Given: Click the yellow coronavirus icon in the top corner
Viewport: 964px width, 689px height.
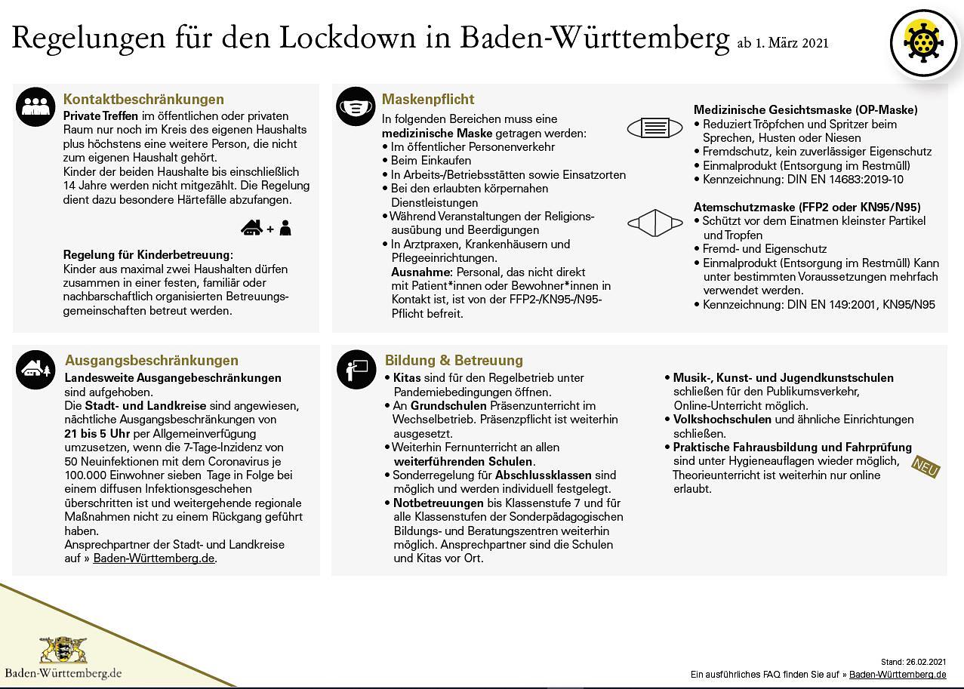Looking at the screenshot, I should pyautogui.click(x=923, y=42).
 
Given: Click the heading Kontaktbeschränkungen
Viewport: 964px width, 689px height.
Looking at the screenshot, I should pyautogui.click(x=143, y=100).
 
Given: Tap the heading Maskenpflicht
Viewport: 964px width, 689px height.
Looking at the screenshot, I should pyautogui.click(x=428, y=100).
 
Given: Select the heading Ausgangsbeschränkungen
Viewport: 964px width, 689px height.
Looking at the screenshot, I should pyautogui.click(x=152, y=361).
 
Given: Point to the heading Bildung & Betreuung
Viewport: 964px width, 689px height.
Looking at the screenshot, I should pyautogui.click(x=454, y=361).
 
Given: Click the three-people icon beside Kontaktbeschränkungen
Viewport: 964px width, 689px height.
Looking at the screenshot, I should pyautogui.click(x=35, y=106).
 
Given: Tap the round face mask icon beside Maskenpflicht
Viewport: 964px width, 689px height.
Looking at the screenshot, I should pyautogui.click(x=356, y=106).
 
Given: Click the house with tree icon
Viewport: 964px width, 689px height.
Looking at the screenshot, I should pyautogui.click(x=35, y=370).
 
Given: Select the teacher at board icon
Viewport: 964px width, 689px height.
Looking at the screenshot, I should pyautogui.click(x=356, y=369).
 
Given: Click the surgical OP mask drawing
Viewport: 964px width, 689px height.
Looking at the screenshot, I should pyautogui.click(x=654, y=128).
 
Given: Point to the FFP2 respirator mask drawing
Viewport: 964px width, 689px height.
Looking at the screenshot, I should pyautogui.click(x=654, y=223).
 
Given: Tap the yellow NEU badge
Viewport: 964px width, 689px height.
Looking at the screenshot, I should pyautogui.click(x=926, y=466).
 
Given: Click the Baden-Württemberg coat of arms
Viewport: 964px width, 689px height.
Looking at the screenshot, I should pyautogui.click(x=63, y=650).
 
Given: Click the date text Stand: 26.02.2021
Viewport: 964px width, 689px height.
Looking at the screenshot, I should pyautogui.click(x=913, y=662).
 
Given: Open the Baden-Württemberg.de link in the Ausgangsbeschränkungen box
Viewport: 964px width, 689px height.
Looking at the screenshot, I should pyautogui.click(x=154, y=558).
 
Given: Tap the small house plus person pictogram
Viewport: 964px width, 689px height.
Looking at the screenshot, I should pyautogui.click(x=266, y=227).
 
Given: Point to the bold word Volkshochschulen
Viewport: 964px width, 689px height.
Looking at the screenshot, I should pyautogui.click(x=722, y=420).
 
